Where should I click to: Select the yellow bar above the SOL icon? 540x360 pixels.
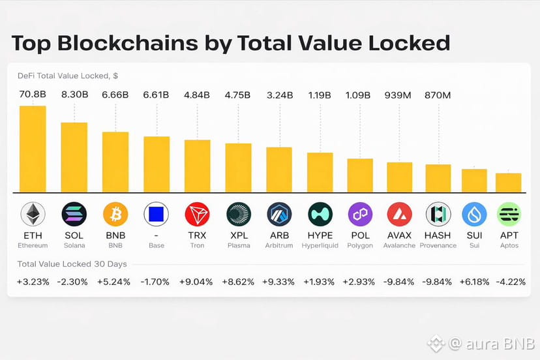pos(74,157)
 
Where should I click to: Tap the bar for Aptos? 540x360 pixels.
pos(508,183)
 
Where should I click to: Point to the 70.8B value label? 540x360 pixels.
pos(33,95)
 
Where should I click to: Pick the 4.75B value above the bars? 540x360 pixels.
pos(238,95)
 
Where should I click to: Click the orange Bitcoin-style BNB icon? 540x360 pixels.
pos(115,214)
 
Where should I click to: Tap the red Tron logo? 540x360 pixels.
pos(197,214)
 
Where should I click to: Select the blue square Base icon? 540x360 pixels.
pos(156,214)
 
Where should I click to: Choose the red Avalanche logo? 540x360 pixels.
pos(399,214)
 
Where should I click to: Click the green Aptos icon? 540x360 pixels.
pos(509,214)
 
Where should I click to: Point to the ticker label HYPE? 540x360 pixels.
pos(320,235)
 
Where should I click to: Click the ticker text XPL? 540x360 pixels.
pos(238,235)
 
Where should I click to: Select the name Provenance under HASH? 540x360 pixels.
pos(438,246)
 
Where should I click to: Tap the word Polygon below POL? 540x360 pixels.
pos(359,246)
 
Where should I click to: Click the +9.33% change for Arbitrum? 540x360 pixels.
pos(278,282)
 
